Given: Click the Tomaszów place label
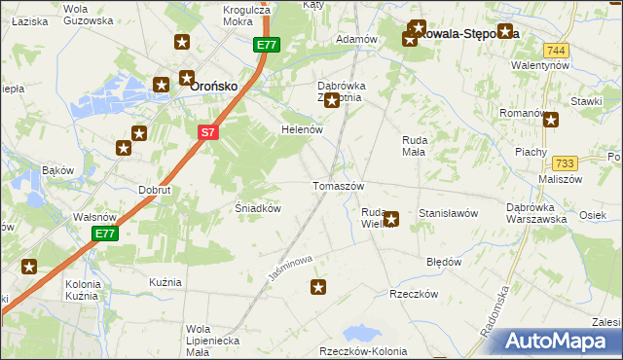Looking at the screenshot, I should point(338,186).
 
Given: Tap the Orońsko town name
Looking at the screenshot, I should point(214,86).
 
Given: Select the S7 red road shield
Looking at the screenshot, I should point(207,132).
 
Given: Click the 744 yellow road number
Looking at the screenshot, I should point(556,51).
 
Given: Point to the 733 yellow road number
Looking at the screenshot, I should point(565,163).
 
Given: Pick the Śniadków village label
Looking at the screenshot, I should point(259,208).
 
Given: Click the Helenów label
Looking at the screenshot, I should point(301,129).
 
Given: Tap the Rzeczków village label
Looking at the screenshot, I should point(410,294).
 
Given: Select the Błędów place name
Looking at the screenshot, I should point(444,263).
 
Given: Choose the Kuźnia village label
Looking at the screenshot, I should point(165,282).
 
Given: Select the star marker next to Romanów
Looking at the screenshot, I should point(551,121).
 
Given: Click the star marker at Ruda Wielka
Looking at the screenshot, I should point(391,219).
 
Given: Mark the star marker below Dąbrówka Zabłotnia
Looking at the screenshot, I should point(332,100).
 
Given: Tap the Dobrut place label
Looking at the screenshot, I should point(155,191).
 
